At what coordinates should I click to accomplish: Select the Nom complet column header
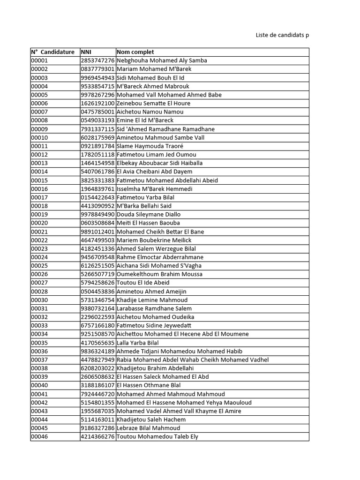tap(135, 52)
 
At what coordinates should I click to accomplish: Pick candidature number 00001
tap(39, 60)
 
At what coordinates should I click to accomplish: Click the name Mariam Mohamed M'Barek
tap(154, 69)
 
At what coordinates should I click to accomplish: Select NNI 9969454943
tap(97, 78)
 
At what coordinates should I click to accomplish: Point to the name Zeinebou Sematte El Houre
tap(153, 103)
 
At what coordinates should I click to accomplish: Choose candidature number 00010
tap(39, 137)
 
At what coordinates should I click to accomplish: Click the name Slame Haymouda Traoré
tap(150, 146)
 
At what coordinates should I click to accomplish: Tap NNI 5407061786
tap(97, 172)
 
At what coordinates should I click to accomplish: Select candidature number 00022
tap(39, 240)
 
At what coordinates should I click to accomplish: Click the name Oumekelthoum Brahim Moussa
tap(159, 274)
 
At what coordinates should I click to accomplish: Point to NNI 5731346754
tap(97, 300)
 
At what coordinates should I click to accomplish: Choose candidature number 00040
tap(39, 385)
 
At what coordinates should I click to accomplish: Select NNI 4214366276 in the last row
tap(97, 436)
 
